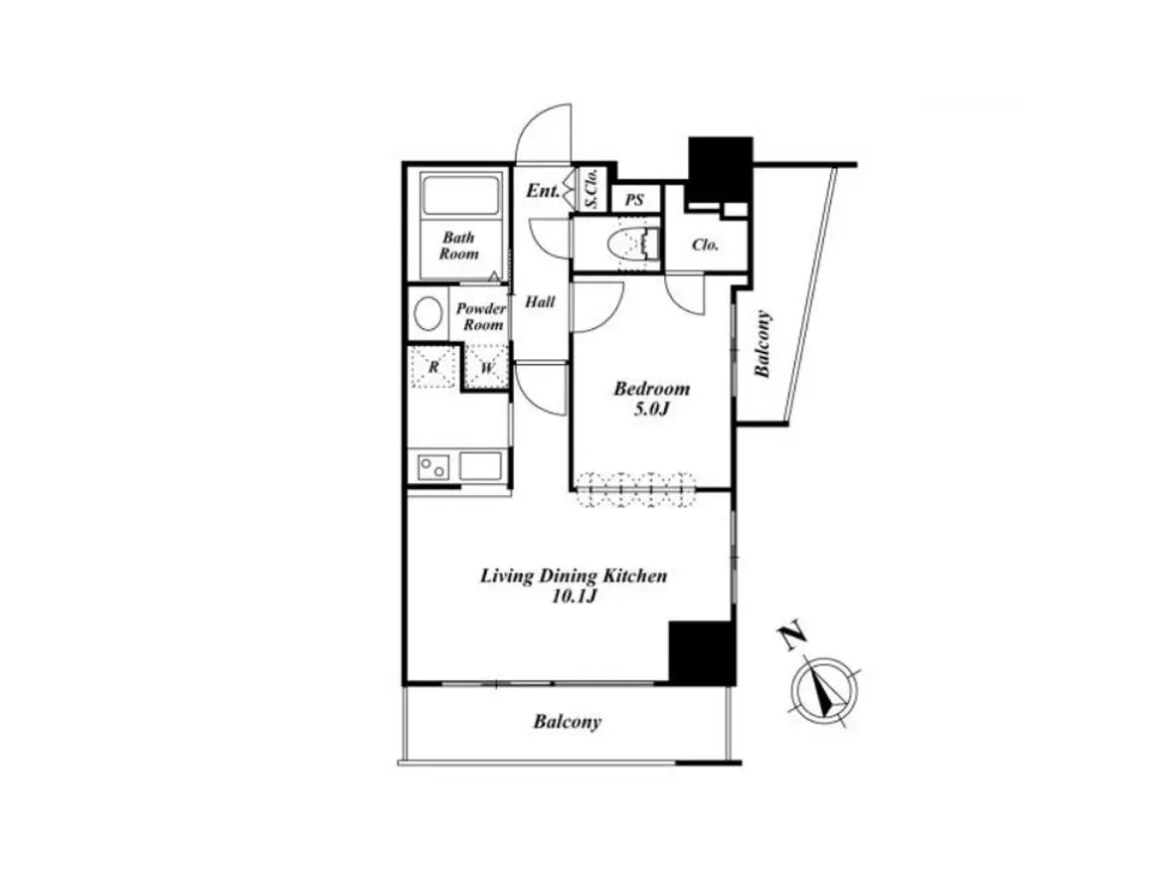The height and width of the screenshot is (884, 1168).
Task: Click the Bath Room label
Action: (x=458, y=246)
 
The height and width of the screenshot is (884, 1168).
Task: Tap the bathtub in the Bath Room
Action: (x=460, y=196)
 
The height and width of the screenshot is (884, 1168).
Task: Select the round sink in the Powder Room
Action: (x=426, y=314)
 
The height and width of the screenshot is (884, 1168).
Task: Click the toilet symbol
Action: (x=634, y=245)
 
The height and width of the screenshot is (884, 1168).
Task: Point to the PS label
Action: (x=634, y=201)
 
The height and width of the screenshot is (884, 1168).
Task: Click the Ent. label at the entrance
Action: (x=543, y=191)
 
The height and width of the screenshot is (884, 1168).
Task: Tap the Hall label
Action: (x=540, y=302)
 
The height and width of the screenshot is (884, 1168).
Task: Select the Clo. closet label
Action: (x=705, y=245)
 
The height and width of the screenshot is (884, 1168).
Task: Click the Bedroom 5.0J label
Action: (x=651, y=398)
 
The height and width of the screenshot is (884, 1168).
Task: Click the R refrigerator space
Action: (x=433, y=367)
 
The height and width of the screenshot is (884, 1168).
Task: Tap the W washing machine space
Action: (x=486, y=367)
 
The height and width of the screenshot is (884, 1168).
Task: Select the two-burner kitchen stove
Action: (x=432, y=467)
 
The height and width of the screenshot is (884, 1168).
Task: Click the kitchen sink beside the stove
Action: (x=480, y=466)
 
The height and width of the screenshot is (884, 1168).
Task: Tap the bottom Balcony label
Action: (x=567, y=722)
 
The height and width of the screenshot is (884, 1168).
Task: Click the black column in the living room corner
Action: (x=702, y=652)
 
